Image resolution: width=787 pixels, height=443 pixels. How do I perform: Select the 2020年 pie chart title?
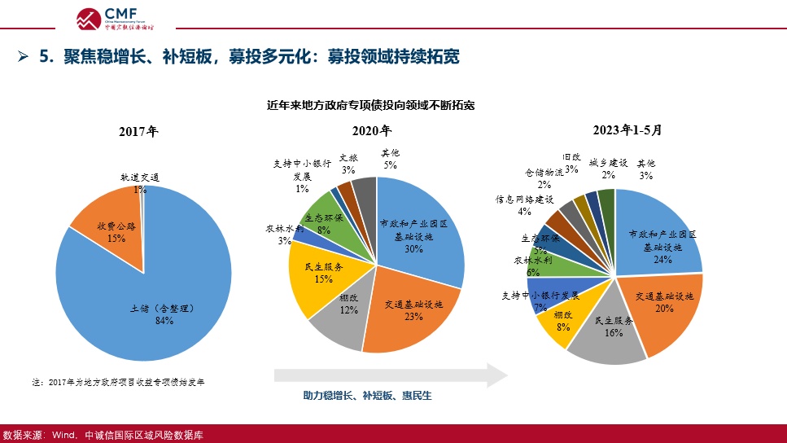(x=372, y=131)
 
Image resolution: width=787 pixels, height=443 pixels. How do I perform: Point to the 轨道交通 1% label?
(x=140, y=182)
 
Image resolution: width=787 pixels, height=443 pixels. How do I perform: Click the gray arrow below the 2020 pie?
(x=391, y=375)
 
